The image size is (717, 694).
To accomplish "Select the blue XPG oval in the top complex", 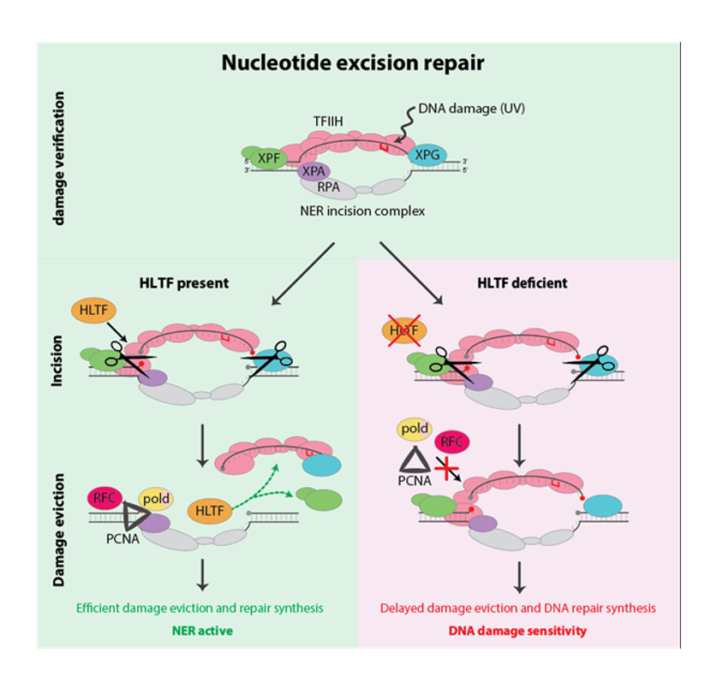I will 427,155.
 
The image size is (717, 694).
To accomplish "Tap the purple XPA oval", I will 314,170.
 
